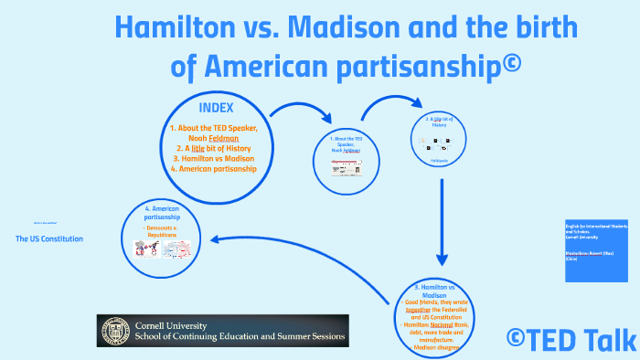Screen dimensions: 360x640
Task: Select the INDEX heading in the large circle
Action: [218, 108]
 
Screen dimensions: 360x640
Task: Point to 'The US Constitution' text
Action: [49, 238]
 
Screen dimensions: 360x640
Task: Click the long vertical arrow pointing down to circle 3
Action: [442, 219]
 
